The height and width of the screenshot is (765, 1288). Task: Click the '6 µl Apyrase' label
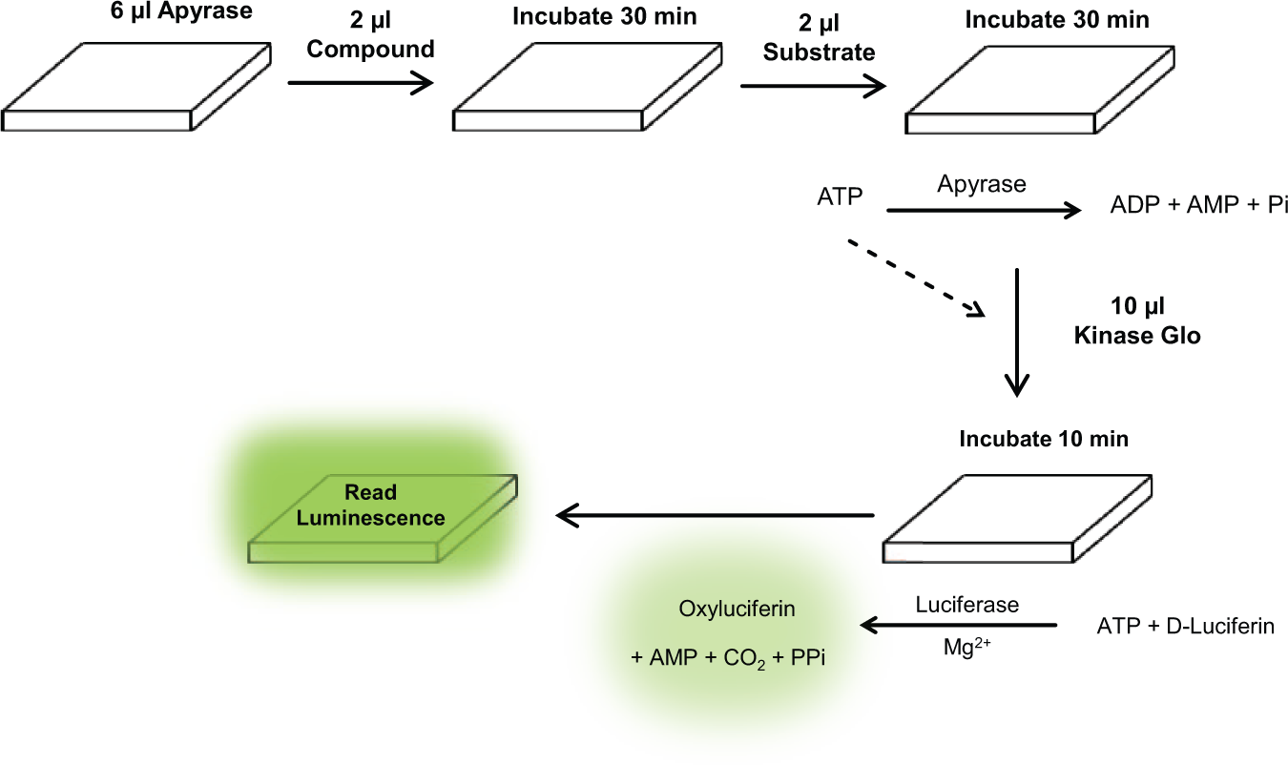coord(181,11)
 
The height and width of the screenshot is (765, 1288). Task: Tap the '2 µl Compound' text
coord(370,35)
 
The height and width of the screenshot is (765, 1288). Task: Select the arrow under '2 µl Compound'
coord(361,83)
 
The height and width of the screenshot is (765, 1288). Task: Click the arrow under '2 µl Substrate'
coord(813,86)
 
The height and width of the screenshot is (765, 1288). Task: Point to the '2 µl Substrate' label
coord(819,38)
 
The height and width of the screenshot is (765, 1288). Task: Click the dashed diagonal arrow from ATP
coord(917,278)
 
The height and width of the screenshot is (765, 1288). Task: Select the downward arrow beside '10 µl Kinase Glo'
coord(1017,332)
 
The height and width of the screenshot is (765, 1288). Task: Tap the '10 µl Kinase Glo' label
coord(1137,320)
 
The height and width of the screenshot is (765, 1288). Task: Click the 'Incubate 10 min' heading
coord(1044,439)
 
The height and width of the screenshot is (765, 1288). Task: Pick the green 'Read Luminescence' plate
coord(383,519)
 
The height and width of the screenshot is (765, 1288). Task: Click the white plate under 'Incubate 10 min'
coord(1017,519)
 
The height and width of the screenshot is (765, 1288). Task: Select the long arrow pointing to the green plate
coord(715,515)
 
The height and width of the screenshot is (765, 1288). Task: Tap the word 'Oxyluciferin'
coord(737,609)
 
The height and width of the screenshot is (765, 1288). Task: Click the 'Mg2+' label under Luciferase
coord(967,647)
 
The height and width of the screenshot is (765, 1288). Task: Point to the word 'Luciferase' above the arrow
coord(967,605)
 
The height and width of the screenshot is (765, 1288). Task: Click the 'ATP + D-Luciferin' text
coord(1186,626)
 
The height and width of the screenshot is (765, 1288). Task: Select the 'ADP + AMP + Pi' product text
coord(1198,205)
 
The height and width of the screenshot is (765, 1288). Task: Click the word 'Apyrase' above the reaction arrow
coord(982,184)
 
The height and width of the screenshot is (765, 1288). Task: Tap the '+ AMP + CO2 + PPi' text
coord(728,658)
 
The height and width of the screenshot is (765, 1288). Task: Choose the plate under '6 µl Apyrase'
coord(135,86)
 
